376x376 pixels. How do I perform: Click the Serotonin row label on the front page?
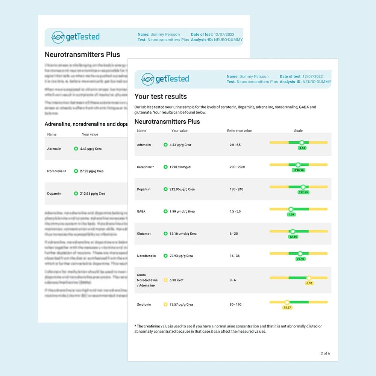pos(144,304)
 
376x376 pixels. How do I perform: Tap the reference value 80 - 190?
pos(235,304)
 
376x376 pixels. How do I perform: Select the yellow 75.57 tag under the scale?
pos(287,308)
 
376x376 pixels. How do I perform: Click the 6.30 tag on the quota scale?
pos(309,283)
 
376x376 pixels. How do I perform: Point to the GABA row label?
pos(141,211)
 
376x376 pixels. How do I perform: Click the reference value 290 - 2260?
pos(237,167)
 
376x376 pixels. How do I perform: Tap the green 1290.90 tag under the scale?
pos(298,170)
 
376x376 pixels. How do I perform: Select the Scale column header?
pos(298,131)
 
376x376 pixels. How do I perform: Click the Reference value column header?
pos(240,131)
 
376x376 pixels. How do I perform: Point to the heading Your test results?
pos(161,96)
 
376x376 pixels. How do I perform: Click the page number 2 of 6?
pos(325,353)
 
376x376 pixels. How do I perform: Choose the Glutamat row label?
pos(144,233)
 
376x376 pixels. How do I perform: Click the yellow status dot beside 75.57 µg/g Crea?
pos(165,304)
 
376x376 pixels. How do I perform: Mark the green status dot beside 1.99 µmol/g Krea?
pos(165,211)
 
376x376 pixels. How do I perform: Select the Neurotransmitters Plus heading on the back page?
pos(82,55)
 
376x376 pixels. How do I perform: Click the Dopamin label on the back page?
pos(54,194)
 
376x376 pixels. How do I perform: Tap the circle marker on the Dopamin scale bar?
pos(303,187)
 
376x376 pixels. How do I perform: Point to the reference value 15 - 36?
pos(235,256)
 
